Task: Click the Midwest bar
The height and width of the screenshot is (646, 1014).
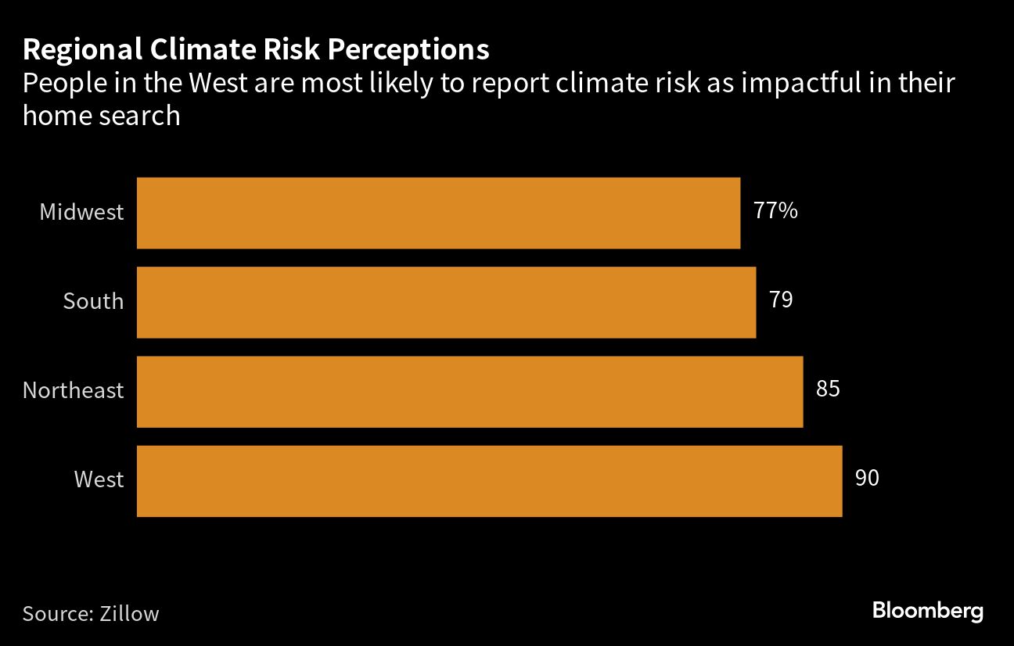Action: pyautogui.click(x=438, y=213)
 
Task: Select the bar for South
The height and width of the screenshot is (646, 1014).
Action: pyautogui.click(x=446, y=302)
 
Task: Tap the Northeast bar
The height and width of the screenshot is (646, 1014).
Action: pyautogui.click(x=469, y=391)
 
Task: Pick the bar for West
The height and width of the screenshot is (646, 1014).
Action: pyautogui.click(x=489, y=480)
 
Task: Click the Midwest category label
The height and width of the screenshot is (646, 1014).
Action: pyautogui.click(x=81, y=212)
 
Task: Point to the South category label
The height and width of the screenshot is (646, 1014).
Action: pyautogui.click(x=93, y=301)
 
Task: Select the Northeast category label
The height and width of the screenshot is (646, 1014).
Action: pyautogui.click(x=73, y=390)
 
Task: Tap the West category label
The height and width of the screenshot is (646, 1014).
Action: pyautogui.click(x=99, y=479)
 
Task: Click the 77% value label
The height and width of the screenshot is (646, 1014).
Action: pyautogui.click(x=775, y=210)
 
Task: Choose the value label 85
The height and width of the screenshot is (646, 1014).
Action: pyautogui.click(x=827, y=389)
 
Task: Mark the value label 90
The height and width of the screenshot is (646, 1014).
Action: pyautogui.click(x=866, y=478)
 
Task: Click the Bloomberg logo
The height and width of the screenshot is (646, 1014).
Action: pyautogui.click(x=927, y=611)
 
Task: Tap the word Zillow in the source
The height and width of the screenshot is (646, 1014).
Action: pyautogui.click(x=129, y=613)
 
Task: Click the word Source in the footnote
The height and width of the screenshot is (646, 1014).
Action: pyautogui.click(x=53, y=613)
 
